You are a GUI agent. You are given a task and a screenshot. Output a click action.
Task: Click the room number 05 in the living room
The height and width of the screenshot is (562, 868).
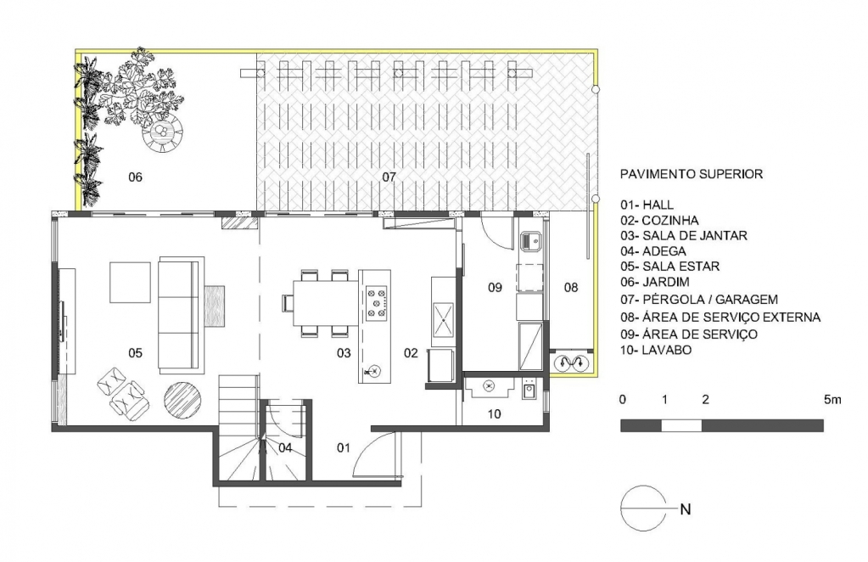(x=135, y=352)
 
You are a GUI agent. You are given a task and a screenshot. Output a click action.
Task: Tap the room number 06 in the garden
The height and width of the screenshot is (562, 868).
(x=135, y=177)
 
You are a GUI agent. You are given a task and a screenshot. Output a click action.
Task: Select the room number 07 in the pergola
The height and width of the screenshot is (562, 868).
(x=389, y=177)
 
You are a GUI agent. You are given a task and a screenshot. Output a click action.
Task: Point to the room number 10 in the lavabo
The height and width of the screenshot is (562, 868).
(x=495, y=413)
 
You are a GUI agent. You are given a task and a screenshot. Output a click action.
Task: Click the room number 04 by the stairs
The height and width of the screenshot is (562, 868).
(x=285, y=447)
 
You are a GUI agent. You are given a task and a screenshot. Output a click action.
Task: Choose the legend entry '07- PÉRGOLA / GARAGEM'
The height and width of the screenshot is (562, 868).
(x=698, y=301)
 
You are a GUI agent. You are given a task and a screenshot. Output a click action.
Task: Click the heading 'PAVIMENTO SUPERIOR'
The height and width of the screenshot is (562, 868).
(x=692, y=174)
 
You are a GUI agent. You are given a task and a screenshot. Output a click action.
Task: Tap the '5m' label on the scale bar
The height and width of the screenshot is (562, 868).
(x=832, y=400)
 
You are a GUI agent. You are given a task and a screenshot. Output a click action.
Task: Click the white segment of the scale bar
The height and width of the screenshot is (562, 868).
(x=681, y=425)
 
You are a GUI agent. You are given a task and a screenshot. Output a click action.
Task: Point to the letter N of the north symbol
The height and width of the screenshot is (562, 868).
(x=686, y=509)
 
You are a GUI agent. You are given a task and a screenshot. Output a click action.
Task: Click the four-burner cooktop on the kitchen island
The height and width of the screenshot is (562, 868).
(x=377, y=303)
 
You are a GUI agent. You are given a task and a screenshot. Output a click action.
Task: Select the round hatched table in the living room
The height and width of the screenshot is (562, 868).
(x=182, y=400)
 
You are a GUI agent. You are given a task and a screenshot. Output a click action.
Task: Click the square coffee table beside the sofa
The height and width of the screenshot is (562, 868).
(x=130, y=283)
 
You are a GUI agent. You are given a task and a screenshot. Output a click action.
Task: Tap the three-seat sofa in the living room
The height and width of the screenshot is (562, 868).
(x=179, y=314)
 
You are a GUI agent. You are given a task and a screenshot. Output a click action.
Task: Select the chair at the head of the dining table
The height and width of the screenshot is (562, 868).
(x=288, y=303)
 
